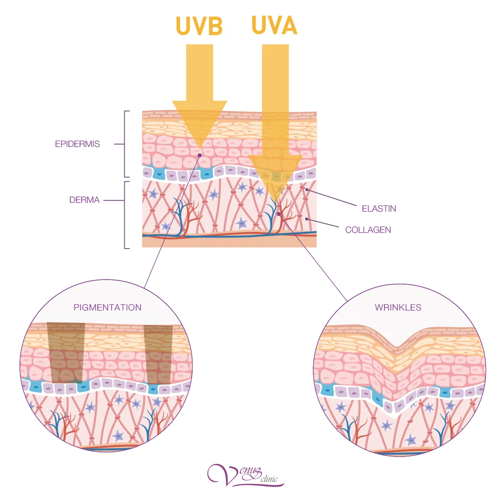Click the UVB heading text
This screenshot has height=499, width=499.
(199, 27)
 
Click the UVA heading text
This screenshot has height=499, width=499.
(274, 26)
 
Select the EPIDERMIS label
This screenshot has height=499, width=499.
(77, 144)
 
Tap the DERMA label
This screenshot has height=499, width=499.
(85, 201)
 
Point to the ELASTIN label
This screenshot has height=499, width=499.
(379, 208)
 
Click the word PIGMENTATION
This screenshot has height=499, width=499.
(107, 307)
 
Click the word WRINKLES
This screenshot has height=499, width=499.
(398, 307)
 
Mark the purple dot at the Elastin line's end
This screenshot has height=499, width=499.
(306, 189)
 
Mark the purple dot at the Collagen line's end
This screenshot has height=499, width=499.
(306, 218)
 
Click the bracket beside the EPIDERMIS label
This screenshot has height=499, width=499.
(126, 144)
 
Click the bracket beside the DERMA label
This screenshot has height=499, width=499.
(126, 215)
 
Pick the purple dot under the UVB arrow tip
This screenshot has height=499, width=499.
(199, 155)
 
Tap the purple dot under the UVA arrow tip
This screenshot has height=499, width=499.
(279, 214)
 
